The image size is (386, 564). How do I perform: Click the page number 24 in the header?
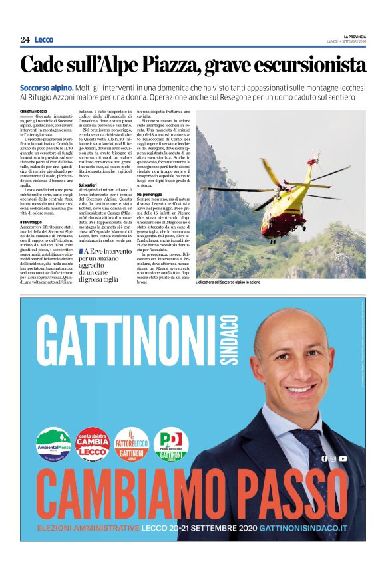(x=25, y=40)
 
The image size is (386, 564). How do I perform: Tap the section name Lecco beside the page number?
(x=44, y=40)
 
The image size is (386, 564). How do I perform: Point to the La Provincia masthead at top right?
(x=355, y=36)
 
